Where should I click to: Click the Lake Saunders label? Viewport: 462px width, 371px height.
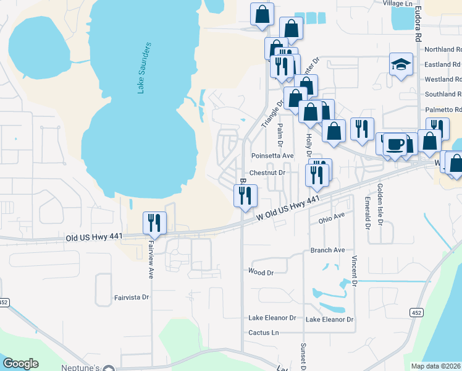click(144, 69)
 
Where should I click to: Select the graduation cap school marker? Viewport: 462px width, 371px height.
click(400, 64)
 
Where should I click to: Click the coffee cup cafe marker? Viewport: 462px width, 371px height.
click(395, 145)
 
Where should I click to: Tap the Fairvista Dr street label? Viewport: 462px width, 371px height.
click(132, 297)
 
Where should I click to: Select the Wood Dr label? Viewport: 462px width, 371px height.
click(260, 272)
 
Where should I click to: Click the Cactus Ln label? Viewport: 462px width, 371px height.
click(262, 332)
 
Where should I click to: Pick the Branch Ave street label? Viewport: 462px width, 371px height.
click(327, 250)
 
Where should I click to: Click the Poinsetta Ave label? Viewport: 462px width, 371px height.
click(272, 156)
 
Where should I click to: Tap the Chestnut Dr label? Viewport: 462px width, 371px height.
click(267, 173)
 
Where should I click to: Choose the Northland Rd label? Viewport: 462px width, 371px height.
click(442, 49)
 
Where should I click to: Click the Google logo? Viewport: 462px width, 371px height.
click(20, 364)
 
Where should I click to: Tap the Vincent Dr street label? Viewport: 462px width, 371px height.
click(355, 271)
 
